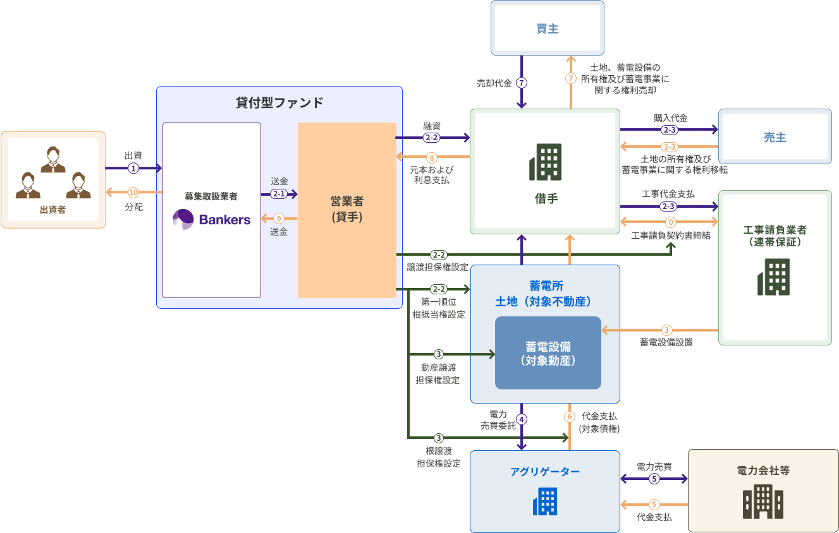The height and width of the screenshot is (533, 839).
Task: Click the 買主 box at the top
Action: (547, 28)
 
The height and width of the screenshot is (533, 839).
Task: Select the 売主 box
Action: (775, 137)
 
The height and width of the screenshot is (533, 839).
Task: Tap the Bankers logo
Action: (212, 219)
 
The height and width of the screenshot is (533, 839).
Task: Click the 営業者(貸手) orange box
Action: (346, 210)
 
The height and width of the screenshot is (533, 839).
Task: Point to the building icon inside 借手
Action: (545, 162)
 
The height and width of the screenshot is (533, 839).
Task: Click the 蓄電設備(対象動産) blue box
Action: (548, 353)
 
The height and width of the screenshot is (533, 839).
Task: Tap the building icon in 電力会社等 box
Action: (762, 502)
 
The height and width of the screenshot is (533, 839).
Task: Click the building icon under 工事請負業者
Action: (774, 277)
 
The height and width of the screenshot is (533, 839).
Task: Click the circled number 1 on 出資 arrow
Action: (133, 168)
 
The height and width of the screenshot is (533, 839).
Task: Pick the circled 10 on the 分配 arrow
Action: (133, 192)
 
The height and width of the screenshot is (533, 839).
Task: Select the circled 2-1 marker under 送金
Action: (279, 194)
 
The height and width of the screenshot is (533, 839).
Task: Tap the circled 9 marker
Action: (279, 219)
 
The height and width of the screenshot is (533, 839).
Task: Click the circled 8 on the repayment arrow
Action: (432, 157)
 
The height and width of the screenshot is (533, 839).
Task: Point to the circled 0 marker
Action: (671, 222)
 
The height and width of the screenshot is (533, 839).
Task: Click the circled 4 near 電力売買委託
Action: (522, 419)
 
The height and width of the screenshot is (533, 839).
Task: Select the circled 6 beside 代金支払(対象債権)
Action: (570, 417)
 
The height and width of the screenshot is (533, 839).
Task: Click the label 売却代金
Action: (494, 83)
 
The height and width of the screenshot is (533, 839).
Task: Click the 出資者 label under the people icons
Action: (52, 210)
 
